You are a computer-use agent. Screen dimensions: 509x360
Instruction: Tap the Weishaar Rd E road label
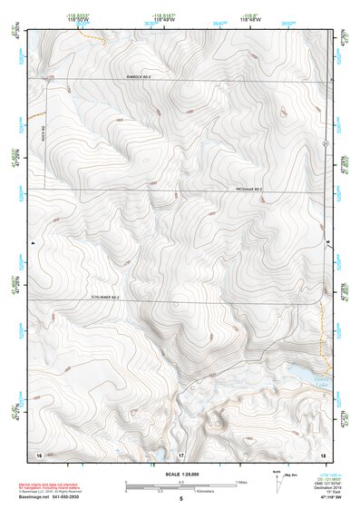(248, 189)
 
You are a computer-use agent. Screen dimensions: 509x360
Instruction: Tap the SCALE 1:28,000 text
(180, 475)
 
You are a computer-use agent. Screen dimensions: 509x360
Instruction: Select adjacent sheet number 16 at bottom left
(38, 453)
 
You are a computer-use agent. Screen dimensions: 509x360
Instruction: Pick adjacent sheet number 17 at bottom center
(180, 453)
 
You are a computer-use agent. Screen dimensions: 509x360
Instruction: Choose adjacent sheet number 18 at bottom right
(322, 453)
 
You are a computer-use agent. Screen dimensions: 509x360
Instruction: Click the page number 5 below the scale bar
(180, 500)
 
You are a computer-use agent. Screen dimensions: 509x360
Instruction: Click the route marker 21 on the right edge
(324, 144)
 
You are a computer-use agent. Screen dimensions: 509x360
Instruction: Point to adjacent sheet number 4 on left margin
(32, 244)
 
